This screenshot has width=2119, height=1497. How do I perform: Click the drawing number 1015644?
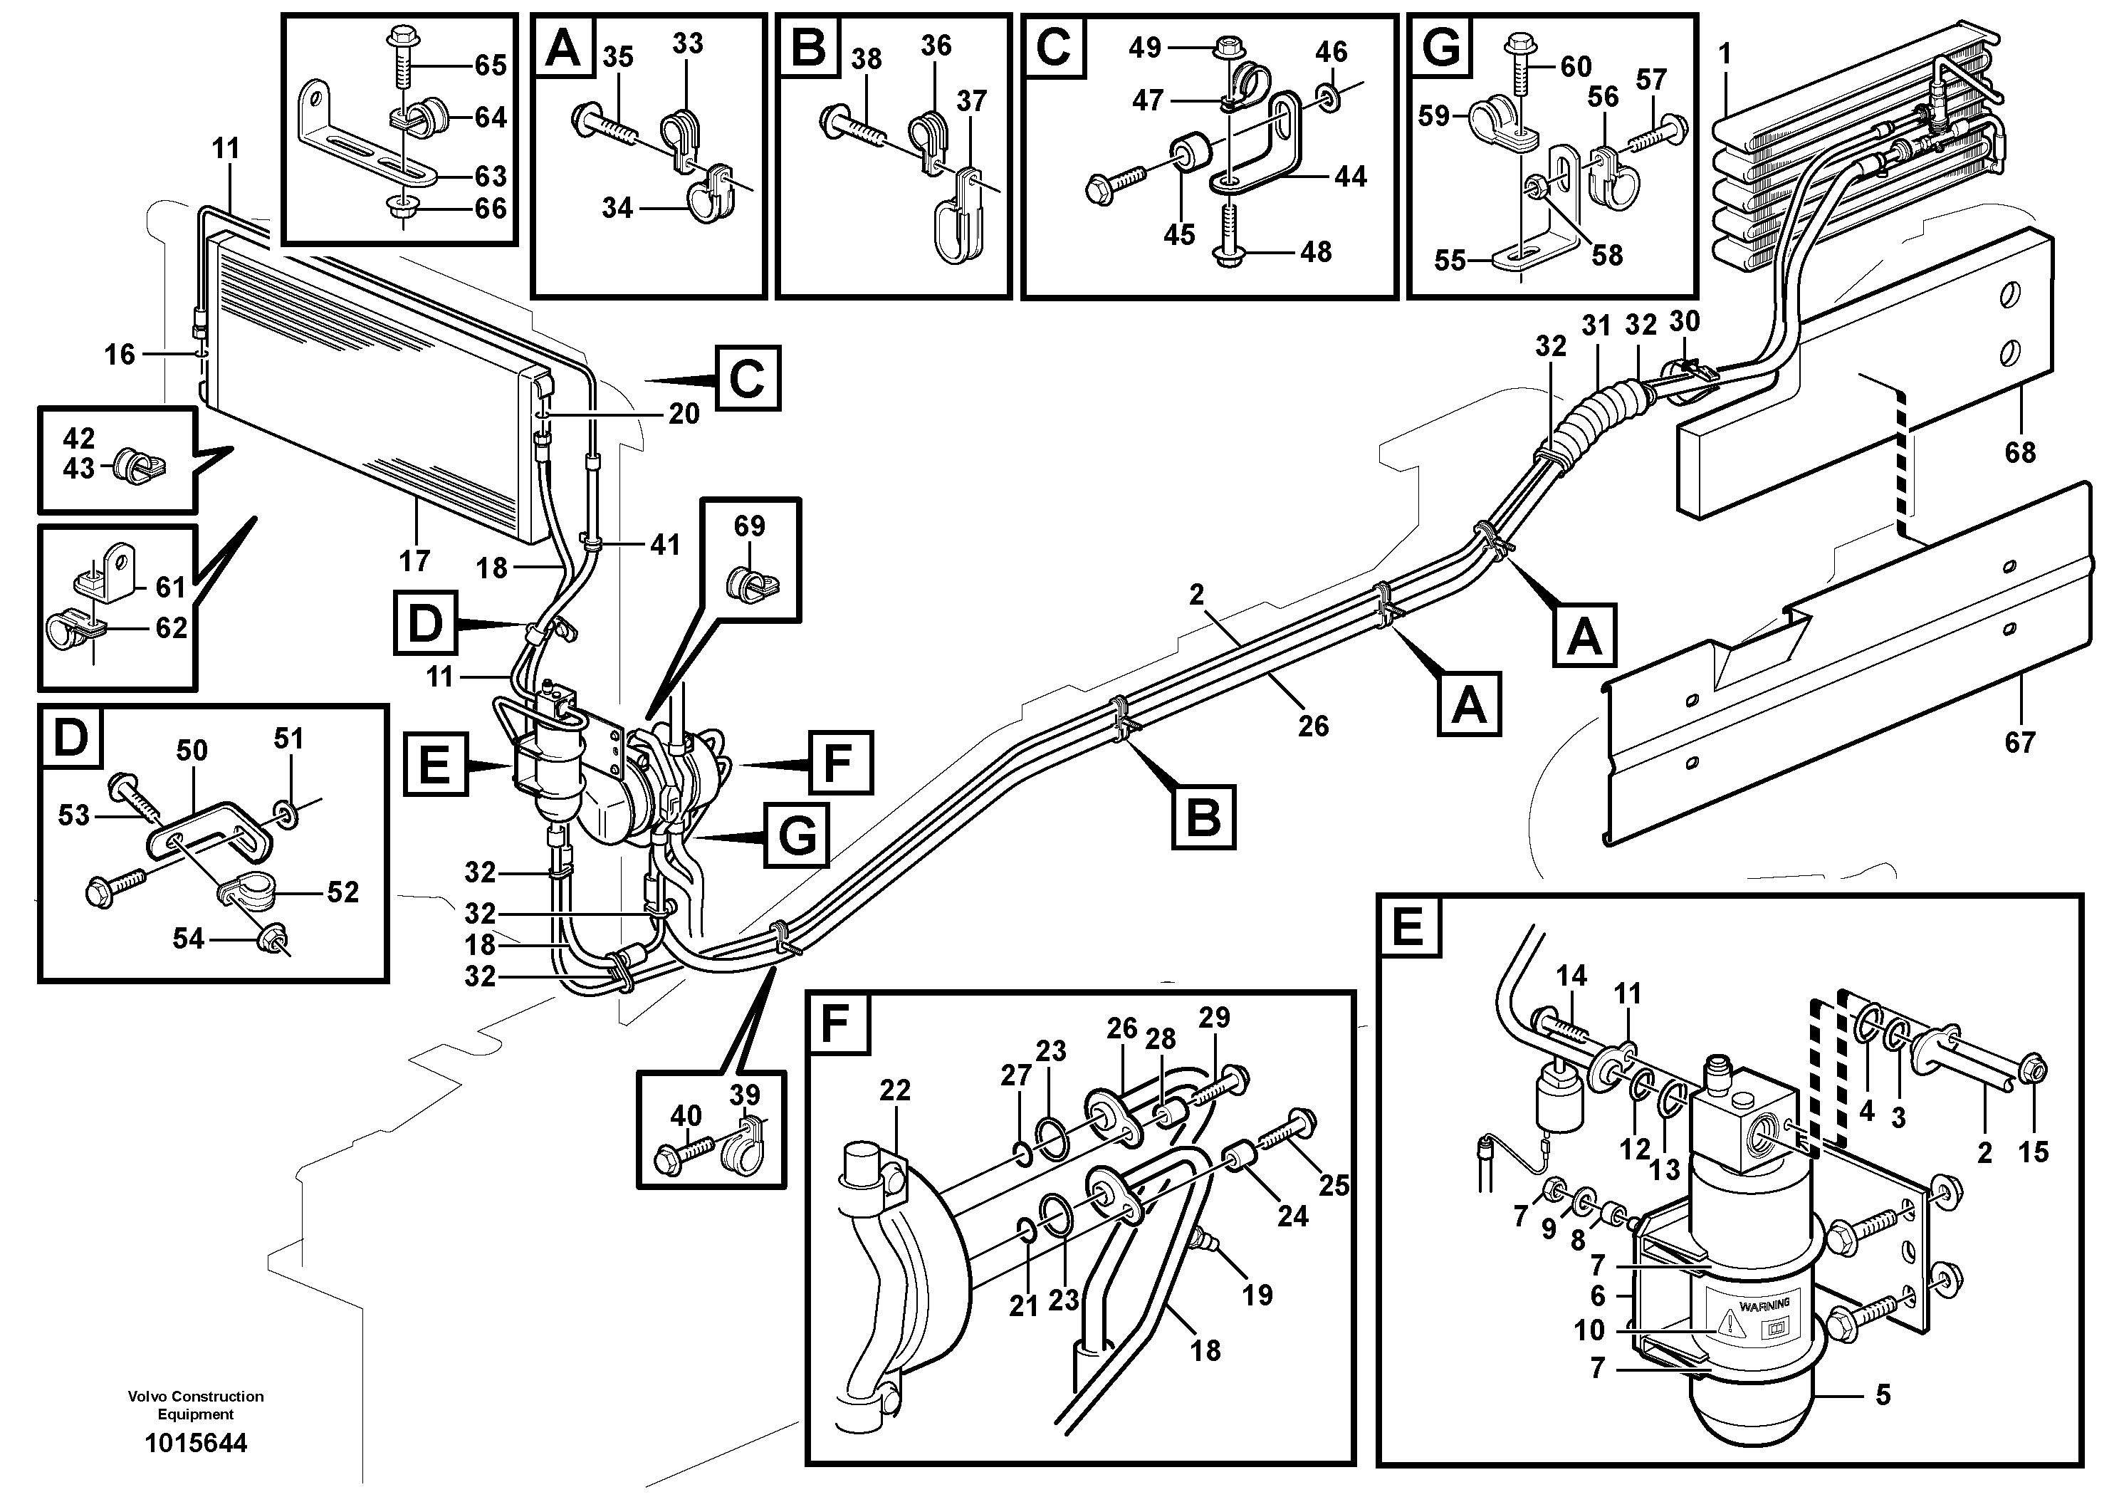click(196, 1443)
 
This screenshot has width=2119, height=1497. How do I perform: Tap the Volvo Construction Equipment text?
click(196, 1404)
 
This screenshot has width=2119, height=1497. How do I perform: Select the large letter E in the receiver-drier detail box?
click(1408, 926)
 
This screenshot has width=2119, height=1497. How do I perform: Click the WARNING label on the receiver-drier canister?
click(1764, 1304)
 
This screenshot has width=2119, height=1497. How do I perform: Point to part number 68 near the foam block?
click(2019, 452)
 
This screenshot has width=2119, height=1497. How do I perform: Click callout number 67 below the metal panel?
click(2019, 741)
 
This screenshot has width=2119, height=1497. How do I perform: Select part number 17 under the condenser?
click(415, 560)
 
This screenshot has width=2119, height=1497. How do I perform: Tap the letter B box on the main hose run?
click(1203, 817)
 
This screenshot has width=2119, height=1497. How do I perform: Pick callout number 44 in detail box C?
click(1350, 177)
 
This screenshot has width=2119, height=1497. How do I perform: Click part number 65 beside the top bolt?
click(490, 65)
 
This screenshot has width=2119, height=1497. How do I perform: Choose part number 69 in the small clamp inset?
click(749, 526)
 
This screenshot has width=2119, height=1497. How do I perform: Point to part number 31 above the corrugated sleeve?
click(1596, 325)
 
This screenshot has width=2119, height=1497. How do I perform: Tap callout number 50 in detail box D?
click(192, 751)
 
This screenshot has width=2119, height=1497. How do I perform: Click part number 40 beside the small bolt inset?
click(686, 1116)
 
